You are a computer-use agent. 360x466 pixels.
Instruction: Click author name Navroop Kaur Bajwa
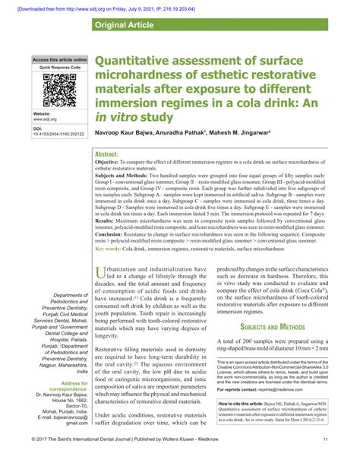(126, 135)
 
